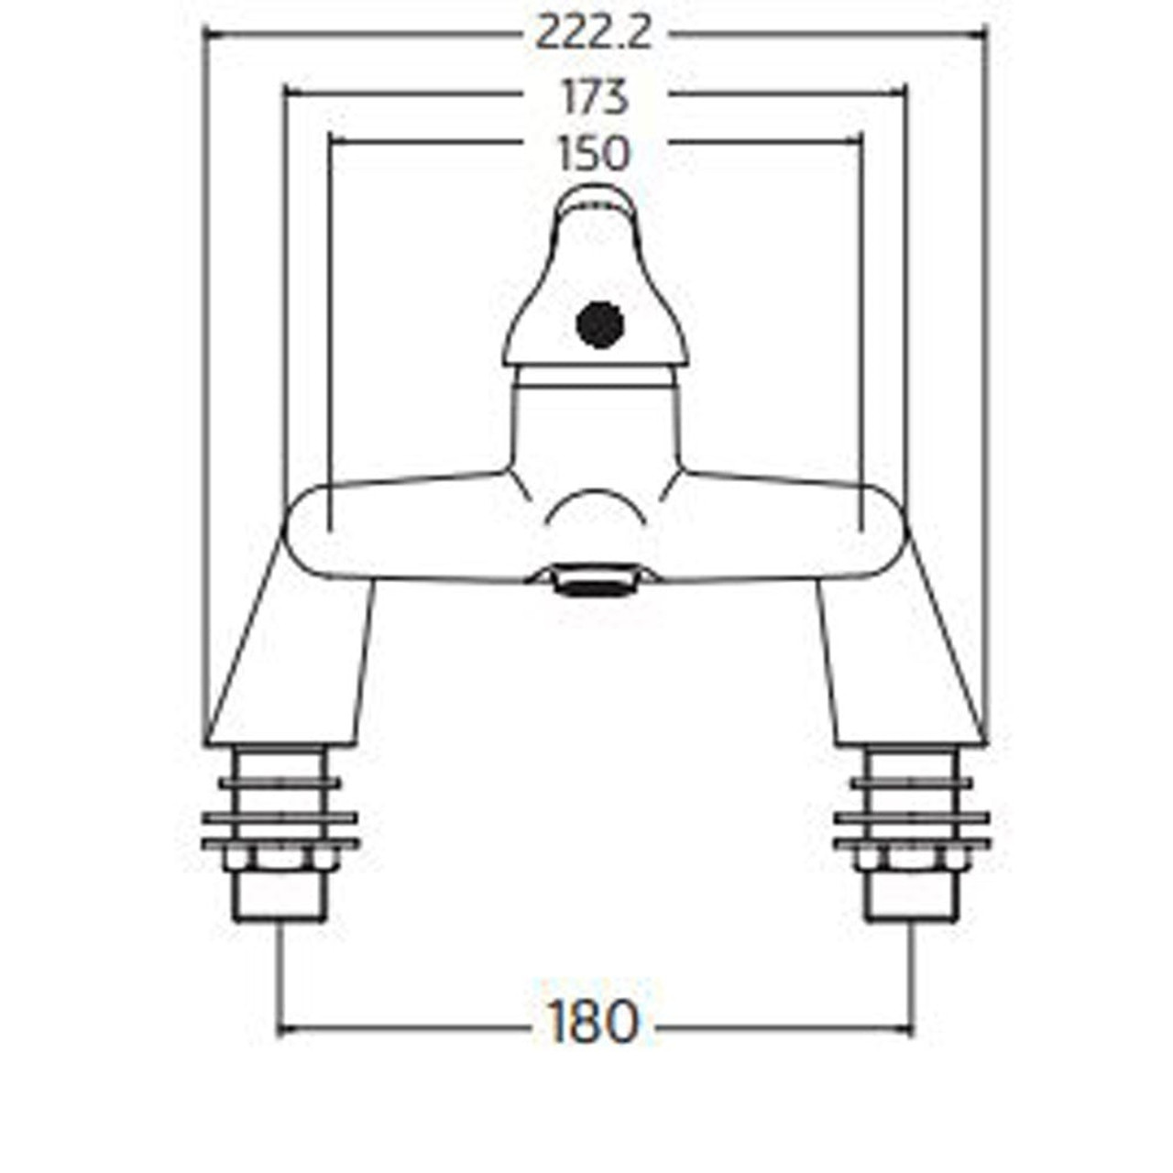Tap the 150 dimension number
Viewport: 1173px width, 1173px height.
click(595, 154)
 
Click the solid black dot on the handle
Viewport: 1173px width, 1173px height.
click(600, 325)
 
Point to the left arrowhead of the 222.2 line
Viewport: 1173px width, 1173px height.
click(207, 35)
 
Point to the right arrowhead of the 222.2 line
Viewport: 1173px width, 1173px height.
click(982, 35)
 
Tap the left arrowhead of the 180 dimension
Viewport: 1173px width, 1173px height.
click(283, 1029)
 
